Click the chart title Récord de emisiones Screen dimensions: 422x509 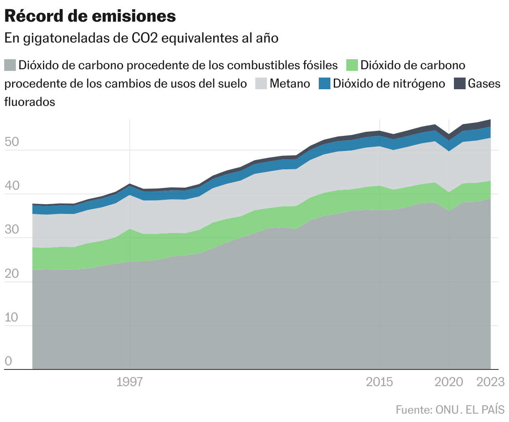[90, 16]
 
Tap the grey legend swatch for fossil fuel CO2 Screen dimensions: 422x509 [10, 65]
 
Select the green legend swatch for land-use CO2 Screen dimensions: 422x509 [353, 65]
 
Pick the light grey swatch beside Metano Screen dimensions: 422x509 [261, 83]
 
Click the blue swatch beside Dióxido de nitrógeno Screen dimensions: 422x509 [324, 83]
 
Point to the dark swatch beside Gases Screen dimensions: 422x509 [459, 83]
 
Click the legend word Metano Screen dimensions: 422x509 [290, 83]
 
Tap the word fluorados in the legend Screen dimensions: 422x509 [30, 102]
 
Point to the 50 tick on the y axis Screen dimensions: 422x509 [12, 142]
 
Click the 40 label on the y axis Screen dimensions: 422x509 [12, 186]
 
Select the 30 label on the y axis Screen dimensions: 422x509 [12, 230]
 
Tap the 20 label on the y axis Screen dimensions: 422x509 [12, 274]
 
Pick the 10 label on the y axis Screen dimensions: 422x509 [12, 317]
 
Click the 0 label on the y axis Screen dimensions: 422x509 [8, 361]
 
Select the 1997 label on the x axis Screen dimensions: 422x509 [130, 382]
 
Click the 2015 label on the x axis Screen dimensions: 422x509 [379, 382]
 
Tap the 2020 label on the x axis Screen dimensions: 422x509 [449, 382]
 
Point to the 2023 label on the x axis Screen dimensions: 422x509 [491, 382]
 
